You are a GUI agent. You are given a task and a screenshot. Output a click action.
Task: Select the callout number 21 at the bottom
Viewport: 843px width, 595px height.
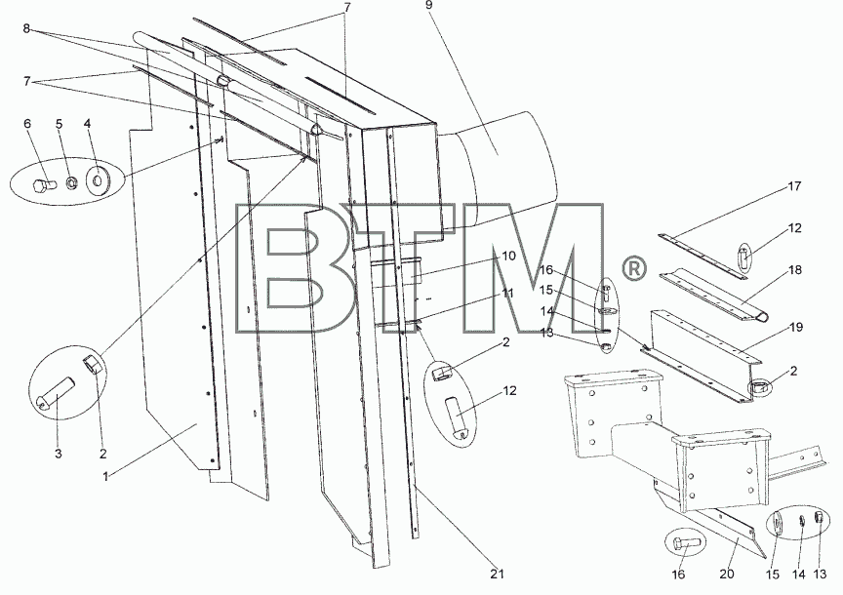pos(498,574)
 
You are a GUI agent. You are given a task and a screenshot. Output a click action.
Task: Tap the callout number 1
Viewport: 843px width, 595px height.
pos(106,476)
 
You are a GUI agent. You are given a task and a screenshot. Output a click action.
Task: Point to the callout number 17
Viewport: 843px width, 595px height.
pos(794,186)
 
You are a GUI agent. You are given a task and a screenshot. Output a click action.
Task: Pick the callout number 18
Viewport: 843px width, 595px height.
pos(794,269)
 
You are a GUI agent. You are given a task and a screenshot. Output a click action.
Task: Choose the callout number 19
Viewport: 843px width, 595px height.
pos(797,327)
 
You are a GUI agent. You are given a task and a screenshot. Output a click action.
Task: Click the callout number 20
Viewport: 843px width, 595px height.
pos(726,575)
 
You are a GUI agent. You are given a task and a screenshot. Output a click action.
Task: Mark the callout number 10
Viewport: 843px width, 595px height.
pos(508,256)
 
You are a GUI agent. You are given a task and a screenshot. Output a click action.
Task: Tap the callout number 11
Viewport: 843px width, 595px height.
pos(507,294)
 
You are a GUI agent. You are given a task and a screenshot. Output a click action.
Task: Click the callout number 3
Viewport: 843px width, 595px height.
pos(59,454)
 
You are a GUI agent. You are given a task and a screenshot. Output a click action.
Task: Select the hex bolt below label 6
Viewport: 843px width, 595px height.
pos(44,186)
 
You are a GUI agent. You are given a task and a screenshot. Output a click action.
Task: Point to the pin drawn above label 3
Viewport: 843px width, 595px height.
pos(56,393)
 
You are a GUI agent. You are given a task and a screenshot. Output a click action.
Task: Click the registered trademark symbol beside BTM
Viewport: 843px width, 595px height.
pos(634,268)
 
